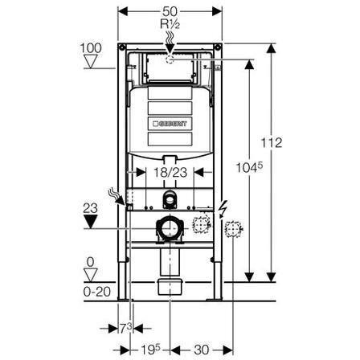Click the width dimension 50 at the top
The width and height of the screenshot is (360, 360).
point(170,11)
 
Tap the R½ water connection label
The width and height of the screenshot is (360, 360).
point(170,24)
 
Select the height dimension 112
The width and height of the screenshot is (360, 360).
point(272,143)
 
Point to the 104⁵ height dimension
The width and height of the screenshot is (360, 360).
point(249,168)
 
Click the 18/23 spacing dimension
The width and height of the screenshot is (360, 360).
point(170,172)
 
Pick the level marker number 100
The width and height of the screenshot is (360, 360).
point(91,48)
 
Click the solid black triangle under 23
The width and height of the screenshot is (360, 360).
point(91,222)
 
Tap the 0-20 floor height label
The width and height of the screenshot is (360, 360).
point(96,292)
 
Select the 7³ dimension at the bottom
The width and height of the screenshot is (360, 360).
point(125,328)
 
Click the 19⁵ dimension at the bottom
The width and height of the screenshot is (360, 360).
point(150,350)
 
